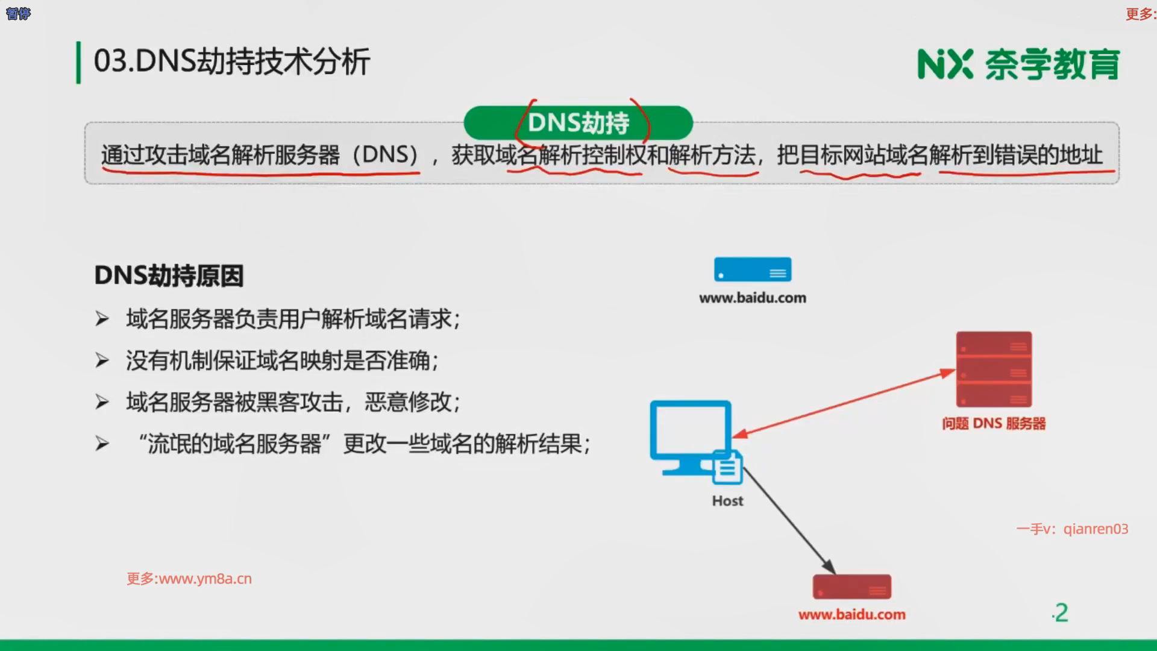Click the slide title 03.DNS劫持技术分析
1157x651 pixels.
coord(232,61)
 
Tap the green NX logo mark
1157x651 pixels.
coord(945,64)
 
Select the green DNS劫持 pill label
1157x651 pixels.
coord(578,123)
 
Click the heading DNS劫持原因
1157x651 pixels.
coord(169,276)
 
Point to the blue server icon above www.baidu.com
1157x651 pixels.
coord(753,269)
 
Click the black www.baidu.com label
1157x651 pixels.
coord(753,298)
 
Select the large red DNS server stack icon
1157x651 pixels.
coord(994,369)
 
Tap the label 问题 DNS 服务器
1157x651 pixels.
coord(994,424)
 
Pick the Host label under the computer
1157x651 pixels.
coord(727,501)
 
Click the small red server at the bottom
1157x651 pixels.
coord(852,587)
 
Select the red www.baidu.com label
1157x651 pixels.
coord(852,615)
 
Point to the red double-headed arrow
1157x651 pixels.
coord(844,403)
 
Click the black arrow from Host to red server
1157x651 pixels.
coord(789,521)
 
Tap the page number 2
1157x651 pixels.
coord(1061,613)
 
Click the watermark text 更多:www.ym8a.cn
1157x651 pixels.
coord(189,579)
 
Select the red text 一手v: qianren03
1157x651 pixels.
coord(1072,529)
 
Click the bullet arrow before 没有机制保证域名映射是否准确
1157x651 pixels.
coord(102,360)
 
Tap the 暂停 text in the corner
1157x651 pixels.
coord(18,13)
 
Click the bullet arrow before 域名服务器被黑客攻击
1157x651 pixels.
coord(102,402)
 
